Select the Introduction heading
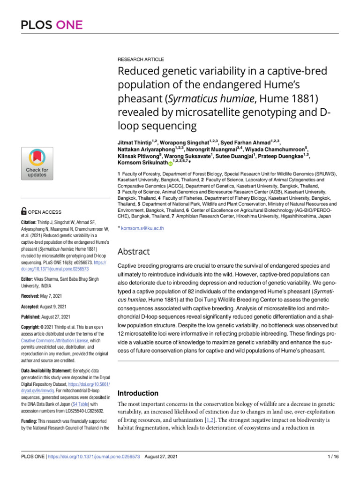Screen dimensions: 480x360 [x=144, y=393]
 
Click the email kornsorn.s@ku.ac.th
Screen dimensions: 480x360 [x=142, y=228]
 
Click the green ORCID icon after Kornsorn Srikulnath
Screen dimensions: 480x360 [x=171, y=162]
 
